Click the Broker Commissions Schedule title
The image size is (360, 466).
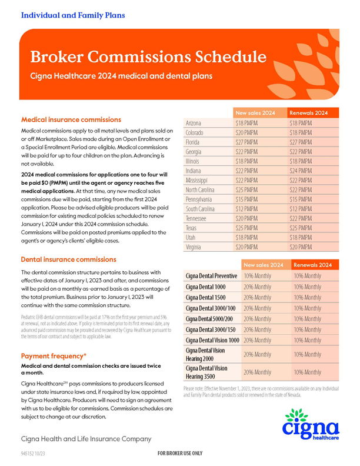coord(144,57)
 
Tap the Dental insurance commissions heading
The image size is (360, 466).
coord(68,259)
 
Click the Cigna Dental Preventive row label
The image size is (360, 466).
coord(211,276)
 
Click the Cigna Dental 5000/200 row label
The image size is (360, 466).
coord(211,318)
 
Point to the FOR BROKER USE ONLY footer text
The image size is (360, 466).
coord(180,454)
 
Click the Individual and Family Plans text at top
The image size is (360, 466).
coord(73,15)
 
